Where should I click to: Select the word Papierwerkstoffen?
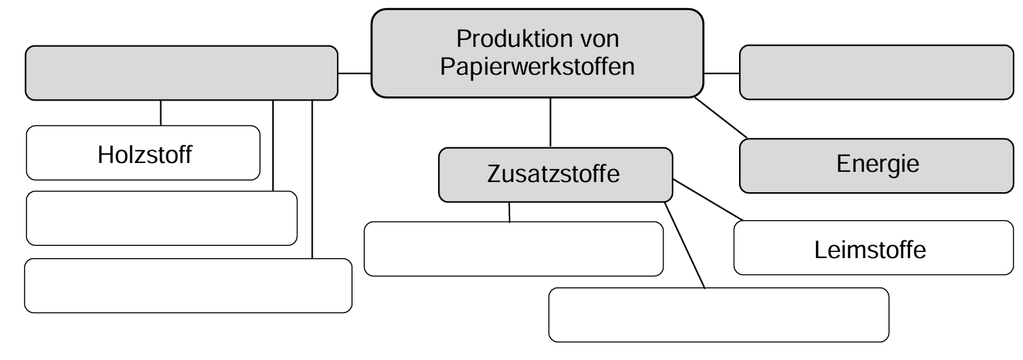[x=537, y=67]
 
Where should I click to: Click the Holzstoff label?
[x=144, y=155]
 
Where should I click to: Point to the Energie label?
[x=878, y=164]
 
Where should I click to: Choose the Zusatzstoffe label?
[x=553, y=174]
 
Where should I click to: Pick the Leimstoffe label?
[x=869, y=249]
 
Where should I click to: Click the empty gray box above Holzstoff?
[x=181, y=73]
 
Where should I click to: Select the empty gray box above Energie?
[x=876, y=72]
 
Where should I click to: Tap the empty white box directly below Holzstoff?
[x=162, y=218]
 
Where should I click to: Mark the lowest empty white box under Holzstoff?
[x=188, y=285]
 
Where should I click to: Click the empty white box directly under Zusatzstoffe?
[x=513, y=249]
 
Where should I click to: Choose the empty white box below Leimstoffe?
[x=718, y=314]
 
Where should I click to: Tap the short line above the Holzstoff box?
[x=161, y=113]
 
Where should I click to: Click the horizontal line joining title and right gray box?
[x=721, y=73]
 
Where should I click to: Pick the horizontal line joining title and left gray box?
[x=354, y=72]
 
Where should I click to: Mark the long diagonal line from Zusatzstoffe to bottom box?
[x=685, y=245]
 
